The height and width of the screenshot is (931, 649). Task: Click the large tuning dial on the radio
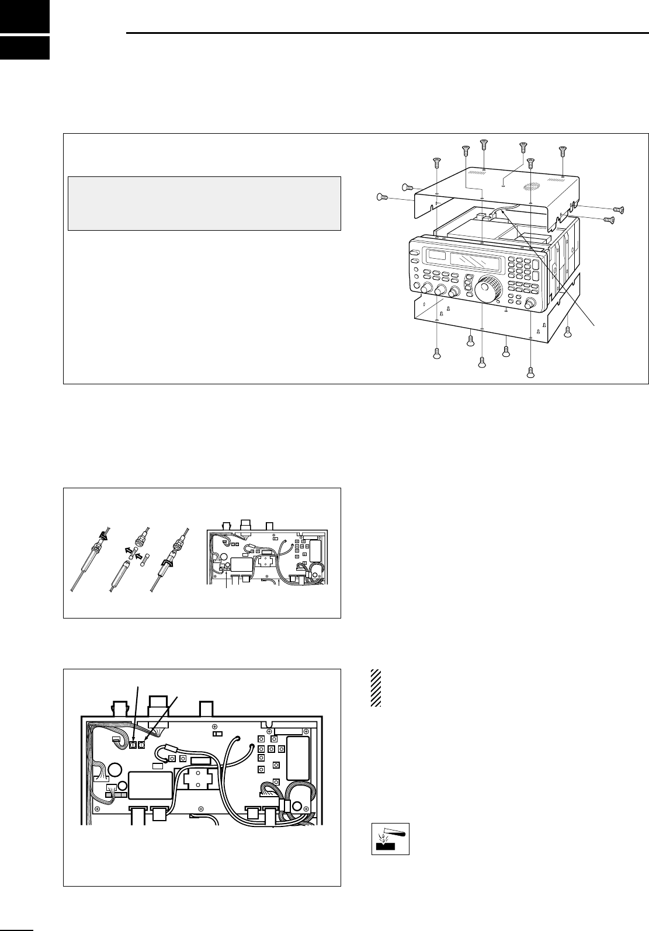coord(488,290)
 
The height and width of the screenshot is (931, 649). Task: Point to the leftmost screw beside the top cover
coord(381,197)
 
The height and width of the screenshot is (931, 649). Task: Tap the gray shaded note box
coord(204,203)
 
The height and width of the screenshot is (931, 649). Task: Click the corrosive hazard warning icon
coord(390,839)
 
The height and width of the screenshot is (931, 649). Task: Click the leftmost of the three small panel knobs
coord(425,289)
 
